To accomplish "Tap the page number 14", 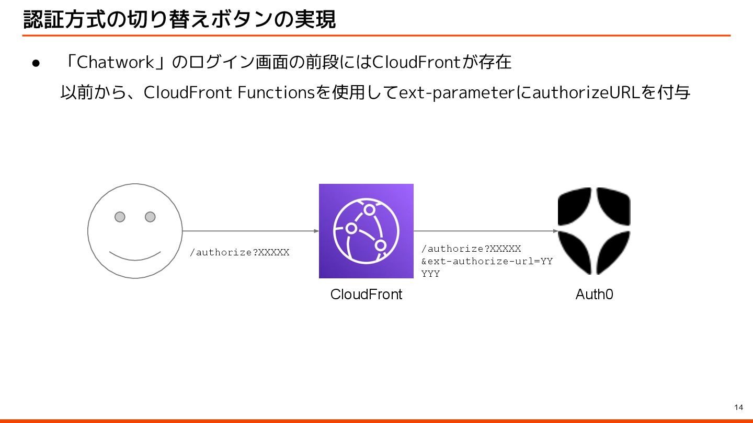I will (738, 407).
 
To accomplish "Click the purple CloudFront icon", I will (366, 231).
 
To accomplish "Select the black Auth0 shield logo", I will (594, 231).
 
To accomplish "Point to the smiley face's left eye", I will (120, 217).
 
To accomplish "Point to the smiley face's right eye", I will (150, 217).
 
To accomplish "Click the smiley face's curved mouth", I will (135, 256).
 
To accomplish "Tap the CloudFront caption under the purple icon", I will (366, 295).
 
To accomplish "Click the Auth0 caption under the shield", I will (594, 295).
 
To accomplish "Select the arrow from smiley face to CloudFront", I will (250, 231).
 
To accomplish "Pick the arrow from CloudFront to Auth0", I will (485, 231).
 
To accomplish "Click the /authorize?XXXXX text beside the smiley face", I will (239, 253).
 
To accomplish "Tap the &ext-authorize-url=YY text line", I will (487, 261).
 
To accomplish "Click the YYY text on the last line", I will (430, 274).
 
